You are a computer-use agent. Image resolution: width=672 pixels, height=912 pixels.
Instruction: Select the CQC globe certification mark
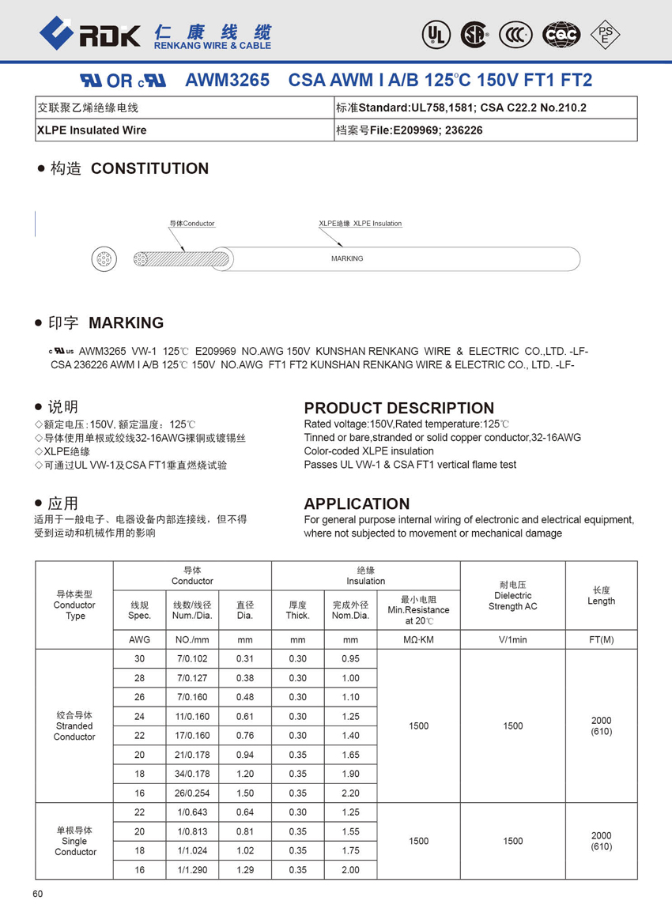[x=561, y=34]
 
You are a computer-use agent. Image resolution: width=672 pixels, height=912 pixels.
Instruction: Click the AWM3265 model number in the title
[x=227, y=81]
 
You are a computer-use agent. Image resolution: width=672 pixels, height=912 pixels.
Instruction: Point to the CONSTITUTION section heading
[x=149, y=168]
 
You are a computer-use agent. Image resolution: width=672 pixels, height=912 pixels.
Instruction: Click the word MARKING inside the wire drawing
[x=347, y=258]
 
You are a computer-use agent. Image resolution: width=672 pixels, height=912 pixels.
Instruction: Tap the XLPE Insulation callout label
[x=360, y=224]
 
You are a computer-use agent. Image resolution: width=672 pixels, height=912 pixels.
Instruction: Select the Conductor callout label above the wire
[x=192, y=224]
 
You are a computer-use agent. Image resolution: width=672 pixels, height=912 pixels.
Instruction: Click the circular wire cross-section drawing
[x=104, y=258]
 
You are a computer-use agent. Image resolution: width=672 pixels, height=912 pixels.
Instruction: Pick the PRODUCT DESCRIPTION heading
[x=398, y=408]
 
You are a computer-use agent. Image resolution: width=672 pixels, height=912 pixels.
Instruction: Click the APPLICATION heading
[x=357, y=503]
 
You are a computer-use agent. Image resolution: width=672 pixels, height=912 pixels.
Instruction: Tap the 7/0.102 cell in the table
[x=192, y=659]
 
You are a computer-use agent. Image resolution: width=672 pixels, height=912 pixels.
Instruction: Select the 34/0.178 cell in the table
[x=192, y=774]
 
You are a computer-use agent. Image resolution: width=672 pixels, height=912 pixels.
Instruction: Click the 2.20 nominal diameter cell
[x=350, y=793]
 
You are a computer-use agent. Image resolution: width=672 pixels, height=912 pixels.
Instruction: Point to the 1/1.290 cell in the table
[x=192, y=870]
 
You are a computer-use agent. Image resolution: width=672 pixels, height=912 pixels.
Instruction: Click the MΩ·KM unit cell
[x=418, y=639]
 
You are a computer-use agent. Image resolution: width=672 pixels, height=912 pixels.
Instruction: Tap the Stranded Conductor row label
[x=74, y=726]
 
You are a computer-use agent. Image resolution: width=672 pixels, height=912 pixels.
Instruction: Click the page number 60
[x=38, y=894]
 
